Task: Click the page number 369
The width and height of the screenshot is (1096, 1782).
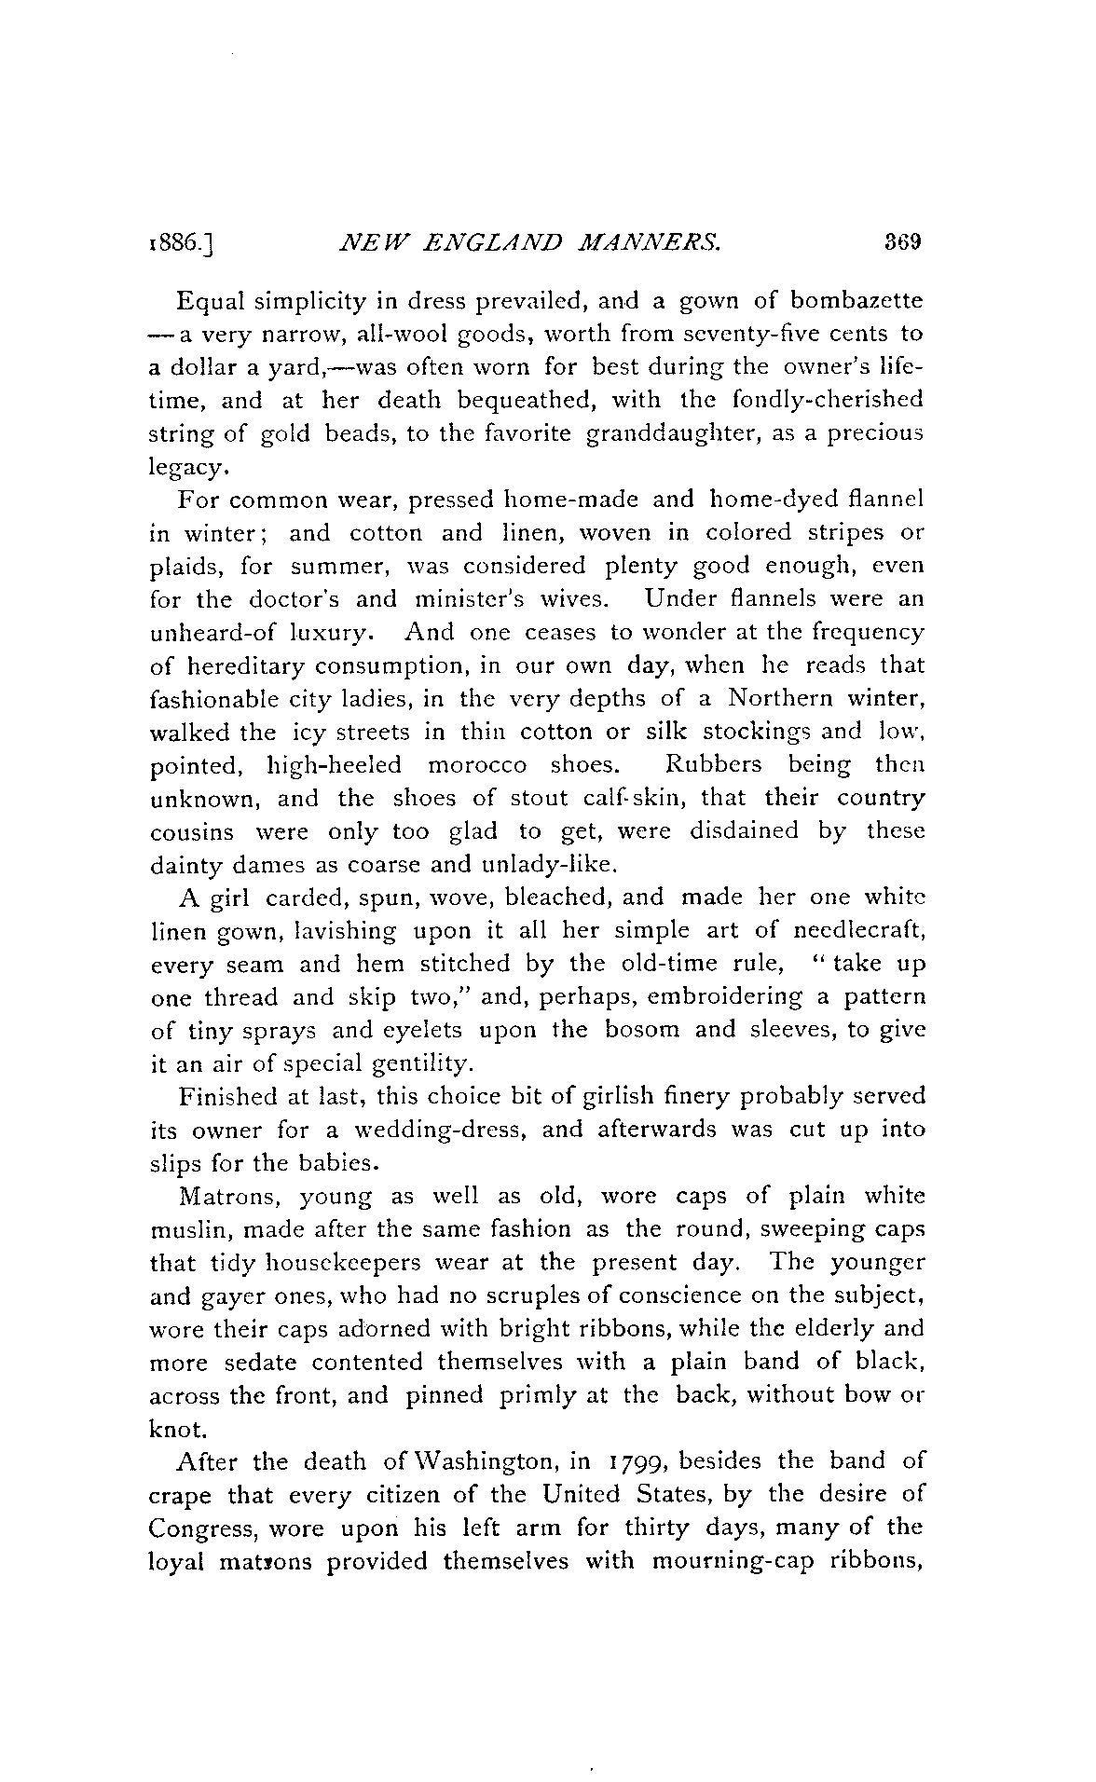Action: tap(902, 243)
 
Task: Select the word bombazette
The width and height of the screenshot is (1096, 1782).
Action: tap(856, 301)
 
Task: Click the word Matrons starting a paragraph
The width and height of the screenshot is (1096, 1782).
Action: tap(225, 1196)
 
